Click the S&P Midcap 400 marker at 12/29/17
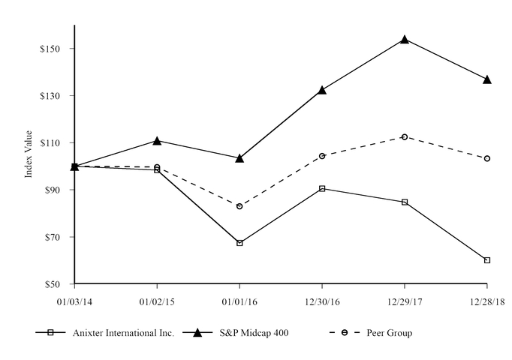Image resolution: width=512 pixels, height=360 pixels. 405,39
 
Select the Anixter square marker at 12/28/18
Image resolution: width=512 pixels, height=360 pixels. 487,260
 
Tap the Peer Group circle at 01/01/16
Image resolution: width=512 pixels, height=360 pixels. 239,205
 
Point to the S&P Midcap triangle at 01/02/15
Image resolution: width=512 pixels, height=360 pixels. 157,140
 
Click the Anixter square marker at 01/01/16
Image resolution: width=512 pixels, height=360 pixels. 239,243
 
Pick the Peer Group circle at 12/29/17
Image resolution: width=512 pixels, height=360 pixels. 405,136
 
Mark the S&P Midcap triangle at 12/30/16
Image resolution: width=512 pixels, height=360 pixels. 322,89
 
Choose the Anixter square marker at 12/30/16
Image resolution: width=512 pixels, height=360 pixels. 322,188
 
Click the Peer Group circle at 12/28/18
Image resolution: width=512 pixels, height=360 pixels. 487,158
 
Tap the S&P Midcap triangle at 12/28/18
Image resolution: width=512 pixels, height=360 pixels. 487,79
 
